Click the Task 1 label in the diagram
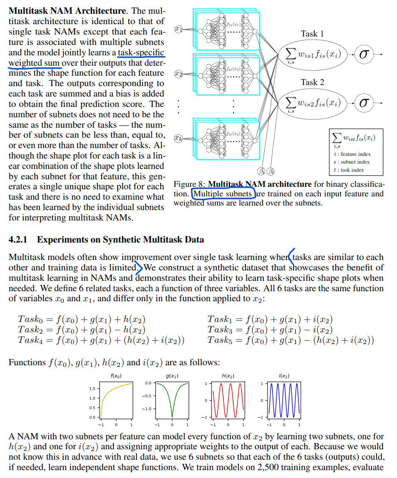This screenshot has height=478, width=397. (312, 34)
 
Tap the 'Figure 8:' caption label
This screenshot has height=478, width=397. (190, 184)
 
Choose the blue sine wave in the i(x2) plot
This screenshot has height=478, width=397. (283, 400)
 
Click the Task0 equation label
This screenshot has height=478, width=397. (29, 319)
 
